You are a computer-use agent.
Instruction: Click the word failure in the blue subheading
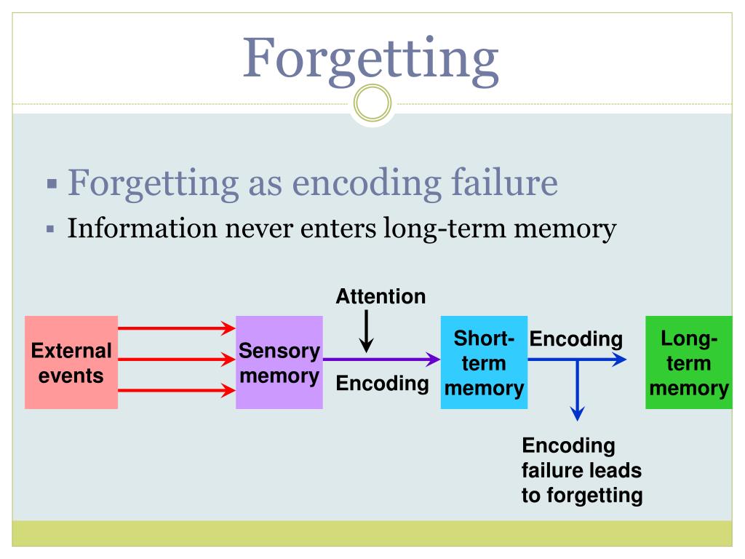[504, 182]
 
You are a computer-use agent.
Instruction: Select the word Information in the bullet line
[143, 228]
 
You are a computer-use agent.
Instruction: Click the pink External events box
[71, 362]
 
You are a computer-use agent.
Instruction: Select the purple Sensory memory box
[279, 362]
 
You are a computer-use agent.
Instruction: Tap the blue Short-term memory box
[484, 362]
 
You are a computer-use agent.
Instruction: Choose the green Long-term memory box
[689, 362]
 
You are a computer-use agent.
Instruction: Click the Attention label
[381, 297]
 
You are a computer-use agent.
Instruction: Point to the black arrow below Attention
[367, 331]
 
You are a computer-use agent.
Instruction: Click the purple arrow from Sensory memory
[381, 360]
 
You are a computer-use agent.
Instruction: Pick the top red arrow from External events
[177, 328]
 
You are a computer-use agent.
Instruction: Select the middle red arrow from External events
[177, 360]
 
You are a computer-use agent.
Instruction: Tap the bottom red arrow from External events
[177, 391]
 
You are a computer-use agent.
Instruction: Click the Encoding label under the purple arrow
[383, 383]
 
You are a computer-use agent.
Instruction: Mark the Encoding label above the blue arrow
[576, 339]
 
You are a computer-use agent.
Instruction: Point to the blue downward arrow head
[577, 413]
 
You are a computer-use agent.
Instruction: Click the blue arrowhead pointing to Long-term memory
[619, 360]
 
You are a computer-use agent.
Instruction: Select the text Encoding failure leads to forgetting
[582, 471]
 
